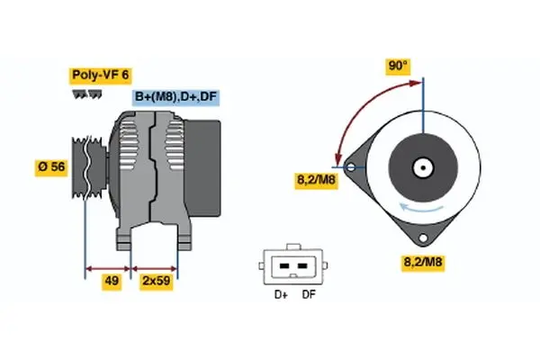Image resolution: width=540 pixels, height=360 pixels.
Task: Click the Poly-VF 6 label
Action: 100,75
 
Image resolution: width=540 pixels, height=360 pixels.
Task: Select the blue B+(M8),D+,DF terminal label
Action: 176,97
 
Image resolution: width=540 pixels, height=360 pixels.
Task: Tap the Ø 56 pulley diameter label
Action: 51,167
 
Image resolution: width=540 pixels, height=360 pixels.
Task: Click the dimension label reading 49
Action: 112,281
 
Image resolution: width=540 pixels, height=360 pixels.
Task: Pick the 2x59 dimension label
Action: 157,281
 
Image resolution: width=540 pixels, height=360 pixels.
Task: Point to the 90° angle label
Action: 398,66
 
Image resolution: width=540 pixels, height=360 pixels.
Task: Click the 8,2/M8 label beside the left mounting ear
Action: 317,180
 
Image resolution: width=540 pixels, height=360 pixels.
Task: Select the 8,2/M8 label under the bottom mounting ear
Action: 423,263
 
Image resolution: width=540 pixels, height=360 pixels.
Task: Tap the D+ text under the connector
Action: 281,295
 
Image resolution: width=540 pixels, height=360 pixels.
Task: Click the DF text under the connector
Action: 309,295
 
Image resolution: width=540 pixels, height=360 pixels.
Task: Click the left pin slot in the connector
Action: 284,266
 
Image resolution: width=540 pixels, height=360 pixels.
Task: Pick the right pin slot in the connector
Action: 302,266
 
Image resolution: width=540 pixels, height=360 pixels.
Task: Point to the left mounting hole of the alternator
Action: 351,167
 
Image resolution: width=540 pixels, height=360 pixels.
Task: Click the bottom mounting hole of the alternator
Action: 423,238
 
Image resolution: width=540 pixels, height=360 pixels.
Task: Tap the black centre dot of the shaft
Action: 423,168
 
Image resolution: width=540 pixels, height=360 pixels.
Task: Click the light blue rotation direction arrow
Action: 421,208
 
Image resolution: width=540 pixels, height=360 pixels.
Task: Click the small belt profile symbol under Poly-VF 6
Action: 87,94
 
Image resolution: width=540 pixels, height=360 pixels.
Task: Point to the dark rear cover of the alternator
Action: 202,168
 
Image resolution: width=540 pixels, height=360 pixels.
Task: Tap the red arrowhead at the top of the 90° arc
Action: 416,83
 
